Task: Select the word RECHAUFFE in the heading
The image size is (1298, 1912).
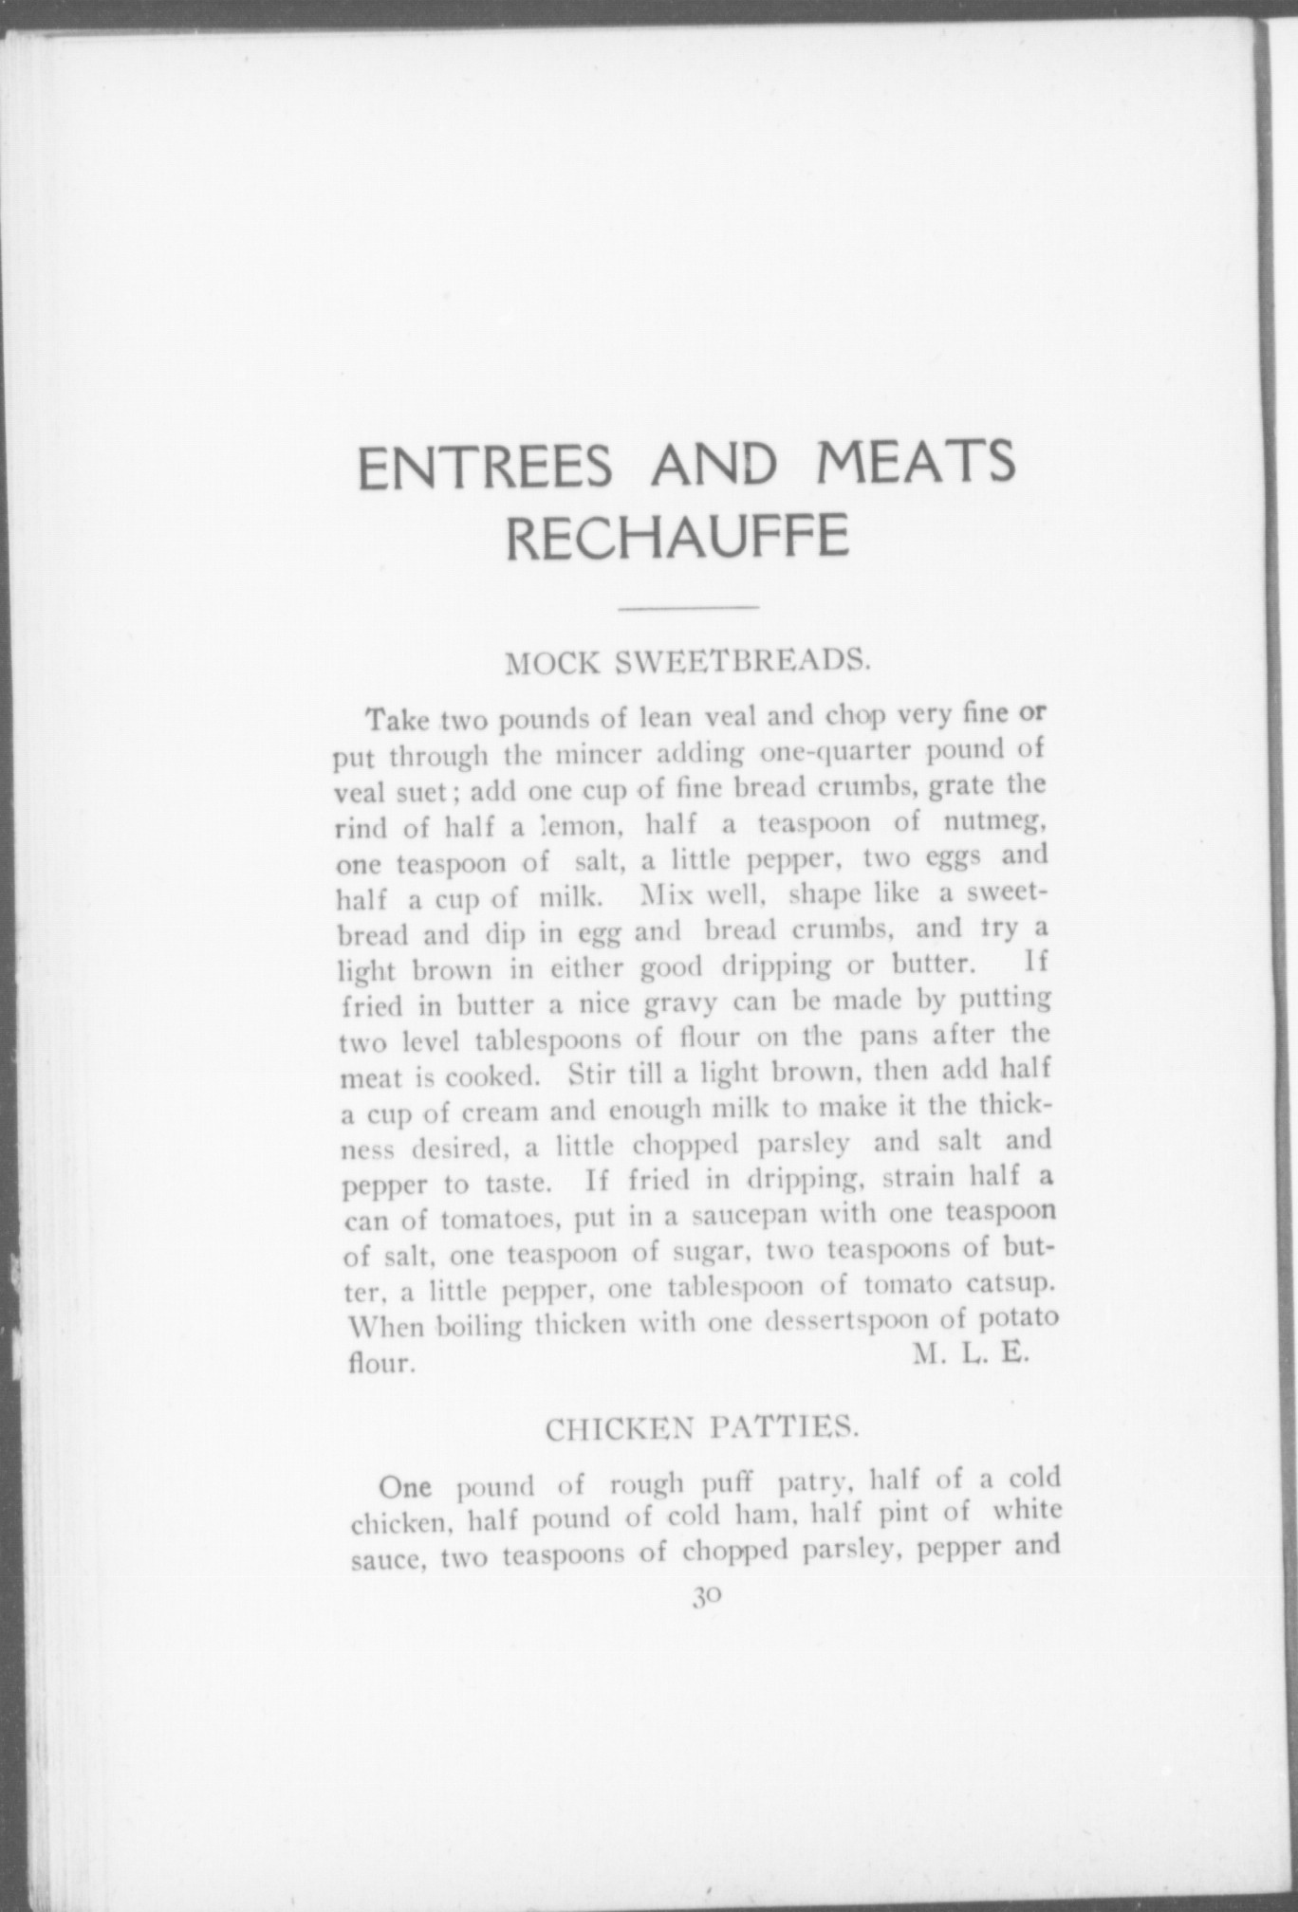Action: point(677,538)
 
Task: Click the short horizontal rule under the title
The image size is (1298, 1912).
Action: point(688,606)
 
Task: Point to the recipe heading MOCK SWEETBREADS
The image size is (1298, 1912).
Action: point(688,661)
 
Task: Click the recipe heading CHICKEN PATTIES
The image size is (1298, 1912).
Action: point(702,1428)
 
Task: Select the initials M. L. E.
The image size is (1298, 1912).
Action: point(970,1353)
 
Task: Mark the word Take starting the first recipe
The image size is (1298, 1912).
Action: point(399,720)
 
